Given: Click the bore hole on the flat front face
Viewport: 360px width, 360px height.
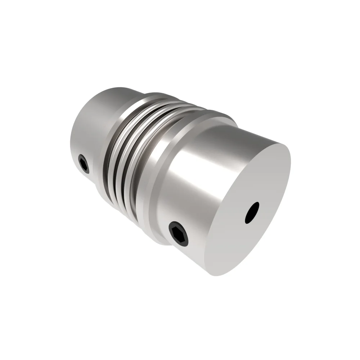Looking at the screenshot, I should (252, 212).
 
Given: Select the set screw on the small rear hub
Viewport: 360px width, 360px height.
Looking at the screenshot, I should (84, 164).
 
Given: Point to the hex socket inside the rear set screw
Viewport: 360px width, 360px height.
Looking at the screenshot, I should (84, 165).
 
